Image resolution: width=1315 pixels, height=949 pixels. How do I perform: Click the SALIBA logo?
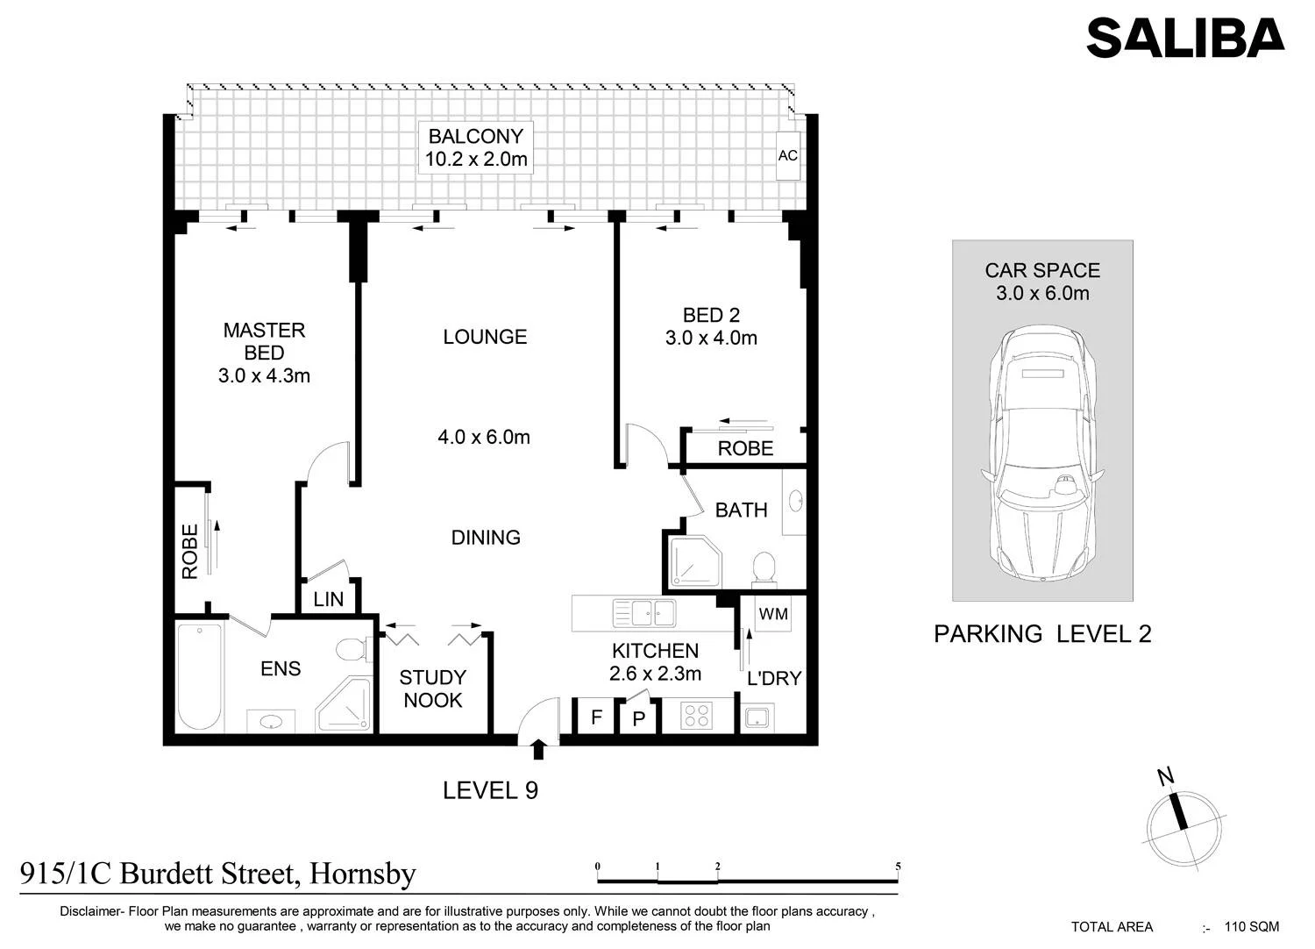[1185, 38]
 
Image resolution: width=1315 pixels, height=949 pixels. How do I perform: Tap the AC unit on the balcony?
[788, 155]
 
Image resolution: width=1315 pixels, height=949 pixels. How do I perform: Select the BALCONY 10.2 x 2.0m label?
[475, 147]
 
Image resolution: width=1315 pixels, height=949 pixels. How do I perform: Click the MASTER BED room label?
[264, 341]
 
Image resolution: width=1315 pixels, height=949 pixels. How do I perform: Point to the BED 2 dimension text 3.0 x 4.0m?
[711, 338]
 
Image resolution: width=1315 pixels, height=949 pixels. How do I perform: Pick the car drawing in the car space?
[1042, 454]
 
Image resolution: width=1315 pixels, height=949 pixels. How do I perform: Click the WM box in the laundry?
[773, 614]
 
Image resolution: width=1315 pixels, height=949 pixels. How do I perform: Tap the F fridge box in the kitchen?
[596, 717]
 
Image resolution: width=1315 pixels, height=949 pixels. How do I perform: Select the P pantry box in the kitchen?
[639, 718]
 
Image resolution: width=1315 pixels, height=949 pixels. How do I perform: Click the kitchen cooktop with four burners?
[697, 716]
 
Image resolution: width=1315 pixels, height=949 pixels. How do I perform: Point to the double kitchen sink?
[644, 613]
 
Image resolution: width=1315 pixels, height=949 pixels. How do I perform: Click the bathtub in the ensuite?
[200, 678]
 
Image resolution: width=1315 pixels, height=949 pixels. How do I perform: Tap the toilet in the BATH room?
[764, 569]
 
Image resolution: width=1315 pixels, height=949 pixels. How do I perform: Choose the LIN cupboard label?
[328, 599]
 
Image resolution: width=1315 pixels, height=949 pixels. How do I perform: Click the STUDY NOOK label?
[433, 689]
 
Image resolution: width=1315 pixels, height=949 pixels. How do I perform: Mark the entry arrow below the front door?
[537, 749]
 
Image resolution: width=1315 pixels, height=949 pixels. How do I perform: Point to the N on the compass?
[1165, 776]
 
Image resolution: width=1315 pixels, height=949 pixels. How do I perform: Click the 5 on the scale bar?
[899, 867]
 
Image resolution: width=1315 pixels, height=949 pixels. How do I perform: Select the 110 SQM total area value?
[1252, 927]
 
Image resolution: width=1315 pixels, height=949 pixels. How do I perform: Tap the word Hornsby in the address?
[363, 874]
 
